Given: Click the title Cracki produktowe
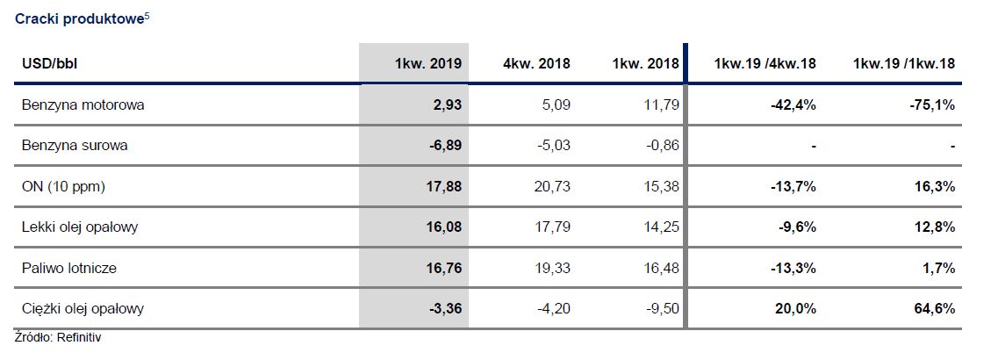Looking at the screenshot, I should [x=78, y=19].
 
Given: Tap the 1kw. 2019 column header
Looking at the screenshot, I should [x=427, y=63].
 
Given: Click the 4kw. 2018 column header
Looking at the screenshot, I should [x=536, y=63].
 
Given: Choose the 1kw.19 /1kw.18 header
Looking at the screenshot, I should [x=903, y=63].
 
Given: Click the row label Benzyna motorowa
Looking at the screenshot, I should [x=83, y=104].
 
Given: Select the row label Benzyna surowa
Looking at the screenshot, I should [x=75, y=146].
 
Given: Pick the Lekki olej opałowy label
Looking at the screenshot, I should [x=80, y=227].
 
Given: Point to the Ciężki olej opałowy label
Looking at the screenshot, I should [x=83, y=308].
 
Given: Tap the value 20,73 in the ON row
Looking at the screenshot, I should [x=552, y=186].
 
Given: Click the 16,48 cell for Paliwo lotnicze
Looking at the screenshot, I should [x=661, y=268].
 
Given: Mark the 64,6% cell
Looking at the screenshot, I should [x=935, y=308].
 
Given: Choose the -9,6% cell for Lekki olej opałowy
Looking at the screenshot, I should [x=797, y=227].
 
